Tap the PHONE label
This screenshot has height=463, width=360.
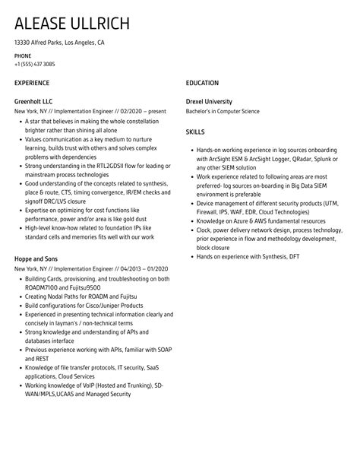coord(23,56)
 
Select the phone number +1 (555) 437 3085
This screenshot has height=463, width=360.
coord(39,64)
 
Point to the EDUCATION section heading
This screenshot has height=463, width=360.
coord(202,82)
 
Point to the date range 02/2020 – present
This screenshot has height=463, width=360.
coord(138,111)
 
